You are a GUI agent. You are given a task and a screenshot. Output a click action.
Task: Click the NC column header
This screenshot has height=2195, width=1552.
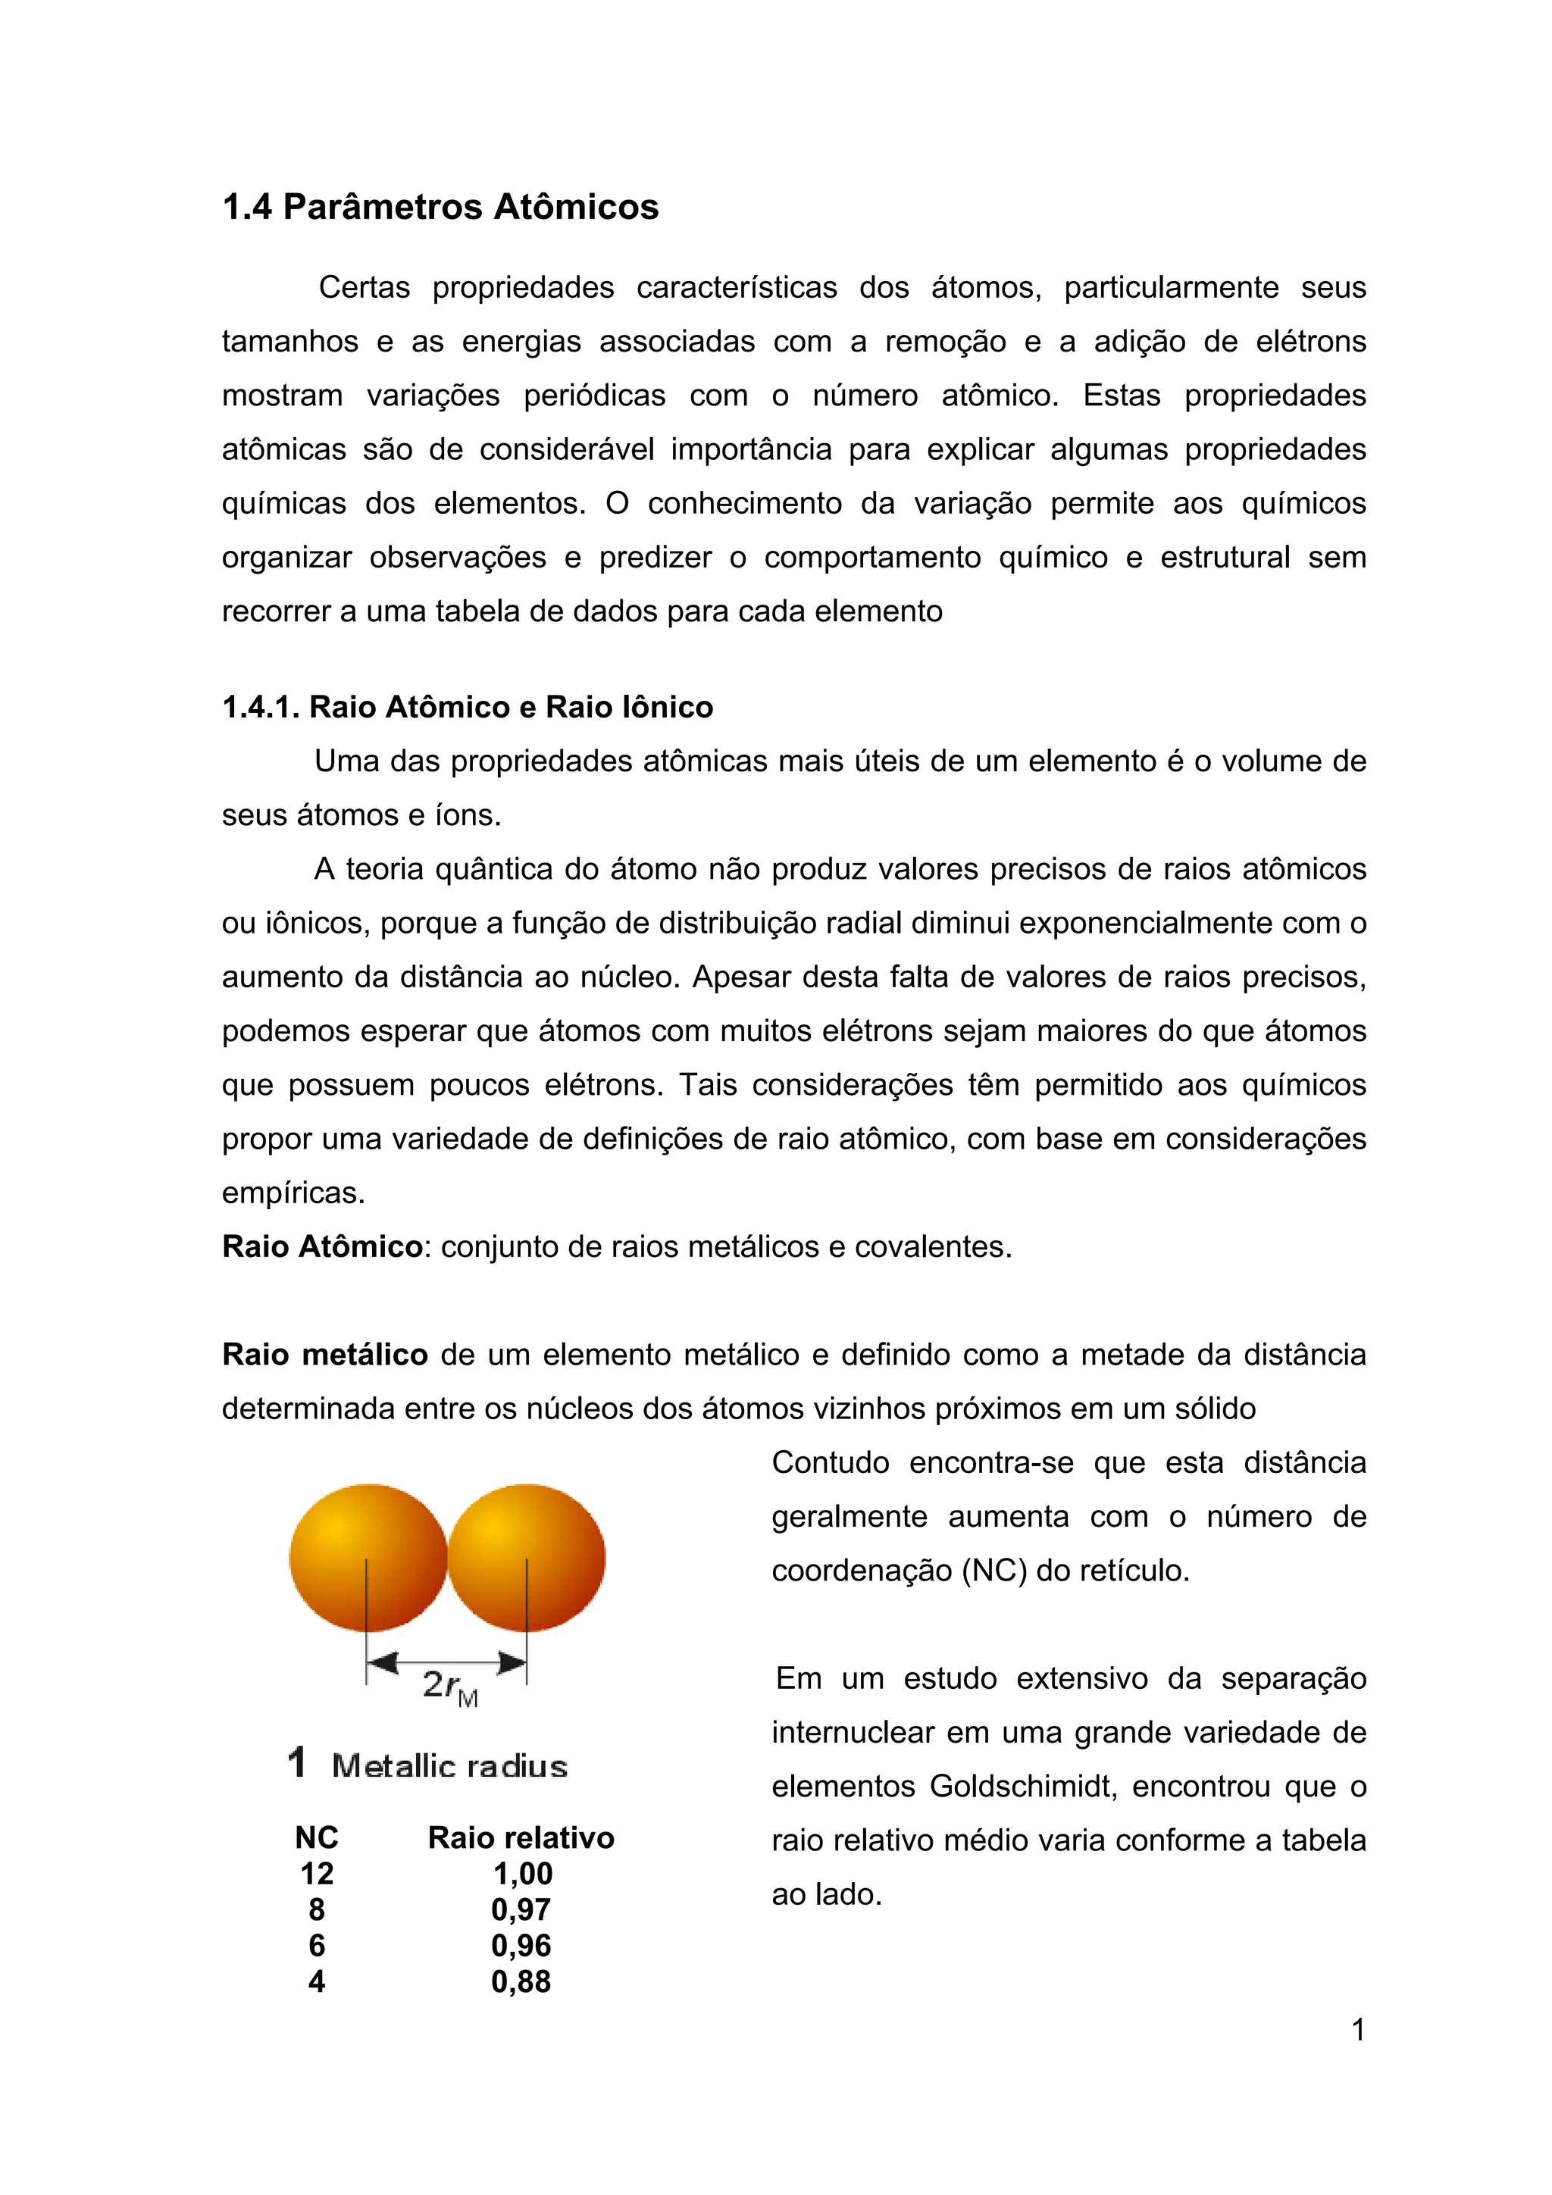click(317, 1837)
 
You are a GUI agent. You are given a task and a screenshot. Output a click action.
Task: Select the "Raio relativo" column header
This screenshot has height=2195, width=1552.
click(521, 1837)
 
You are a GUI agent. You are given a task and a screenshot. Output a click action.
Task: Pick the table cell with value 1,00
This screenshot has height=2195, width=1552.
click(522, 1874)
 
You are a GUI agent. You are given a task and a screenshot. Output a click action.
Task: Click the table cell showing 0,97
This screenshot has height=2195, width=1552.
click(521, 1910)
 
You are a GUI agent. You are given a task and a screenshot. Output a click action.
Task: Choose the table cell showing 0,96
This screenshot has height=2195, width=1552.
click(521, 1946)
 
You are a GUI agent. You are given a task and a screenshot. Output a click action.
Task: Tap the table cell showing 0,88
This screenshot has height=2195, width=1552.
click(521, 1982)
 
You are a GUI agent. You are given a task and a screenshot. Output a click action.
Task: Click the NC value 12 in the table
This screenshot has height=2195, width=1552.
click(317, 1874)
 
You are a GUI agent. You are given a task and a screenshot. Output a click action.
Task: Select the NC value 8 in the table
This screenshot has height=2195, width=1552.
click(317, 1910)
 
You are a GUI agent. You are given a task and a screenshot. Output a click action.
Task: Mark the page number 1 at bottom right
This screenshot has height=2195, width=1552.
click(1358, 2030)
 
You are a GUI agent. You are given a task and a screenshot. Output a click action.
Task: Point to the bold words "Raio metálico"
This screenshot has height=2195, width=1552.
click(325, 1355)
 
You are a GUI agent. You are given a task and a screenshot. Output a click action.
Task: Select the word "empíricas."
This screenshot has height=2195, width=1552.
click(293, 1193)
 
